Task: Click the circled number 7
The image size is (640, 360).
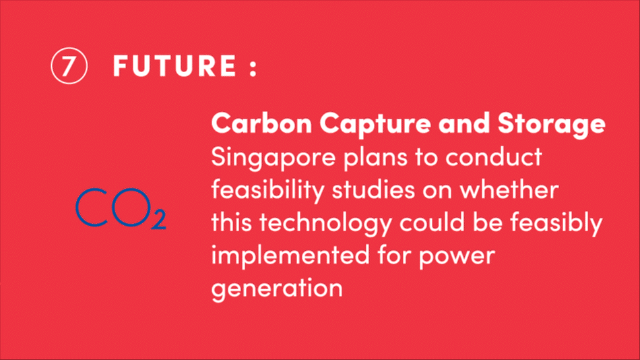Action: (x=69, y=66)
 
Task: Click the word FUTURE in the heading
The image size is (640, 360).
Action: (x=174, y=65)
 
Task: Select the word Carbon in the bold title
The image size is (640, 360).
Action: (x=261, y=123)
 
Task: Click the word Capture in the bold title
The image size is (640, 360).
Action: (x=375, y=124)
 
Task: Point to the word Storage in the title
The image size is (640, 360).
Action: (x=552, y=124)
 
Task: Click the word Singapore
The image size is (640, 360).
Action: (x=273, y=158)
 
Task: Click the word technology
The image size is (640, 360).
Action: (x=325, y=224)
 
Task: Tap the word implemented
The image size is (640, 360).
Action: (x=290, y=257)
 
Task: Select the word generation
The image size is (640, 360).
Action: (x=277, y=289)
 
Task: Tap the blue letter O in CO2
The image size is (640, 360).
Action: (x=131, y=208)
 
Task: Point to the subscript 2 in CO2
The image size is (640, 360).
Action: (x=158, y=219)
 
